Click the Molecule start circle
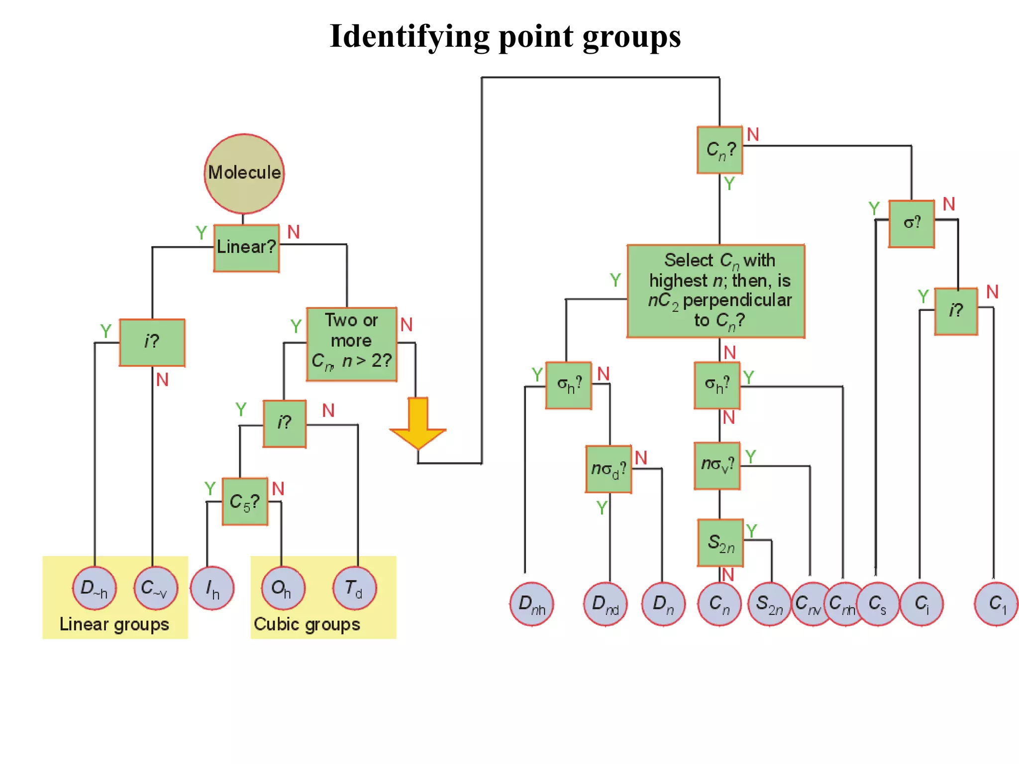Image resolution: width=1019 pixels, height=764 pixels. tap(244, 173)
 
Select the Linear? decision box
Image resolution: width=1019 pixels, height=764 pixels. tap(246, 248)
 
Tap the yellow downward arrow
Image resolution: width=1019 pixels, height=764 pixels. tap(418, 423)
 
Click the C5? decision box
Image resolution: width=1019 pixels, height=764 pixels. tap(245, 501)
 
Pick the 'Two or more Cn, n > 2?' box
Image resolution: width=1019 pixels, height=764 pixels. tap(351, 344)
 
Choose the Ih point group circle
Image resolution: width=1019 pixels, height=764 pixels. tap(212, 588)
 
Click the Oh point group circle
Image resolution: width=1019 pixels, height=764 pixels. tap(282, 588)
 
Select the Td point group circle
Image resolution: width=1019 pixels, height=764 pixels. tap(354, 588)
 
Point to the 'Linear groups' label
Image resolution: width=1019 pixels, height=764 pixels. tap(114, 624)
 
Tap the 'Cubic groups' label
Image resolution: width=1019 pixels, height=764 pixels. tap(307, 624)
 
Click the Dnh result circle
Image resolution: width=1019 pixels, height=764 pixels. tap(531, 604)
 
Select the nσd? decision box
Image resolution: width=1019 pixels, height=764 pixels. tap(608, 469)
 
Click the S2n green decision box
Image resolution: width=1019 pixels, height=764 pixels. tap(720, 543)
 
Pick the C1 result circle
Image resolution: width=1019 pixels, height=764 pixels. tap(996, 604)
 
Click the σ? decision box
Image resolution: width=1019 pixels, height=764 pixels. tap(912, 223)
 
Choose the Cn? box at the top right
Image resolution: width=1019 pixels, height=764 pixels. tap(719, 150)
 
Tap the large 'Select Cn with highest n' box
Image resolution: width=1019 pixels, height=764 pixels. tap(715, 291)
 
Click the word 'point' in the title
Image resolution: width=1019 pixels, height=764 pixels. tap(535, 37)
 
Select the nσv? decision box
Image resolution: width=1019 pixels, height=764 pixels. tap(717, 466)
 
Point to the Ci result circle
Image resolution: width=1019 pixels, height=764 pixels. tap(921, 604)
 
